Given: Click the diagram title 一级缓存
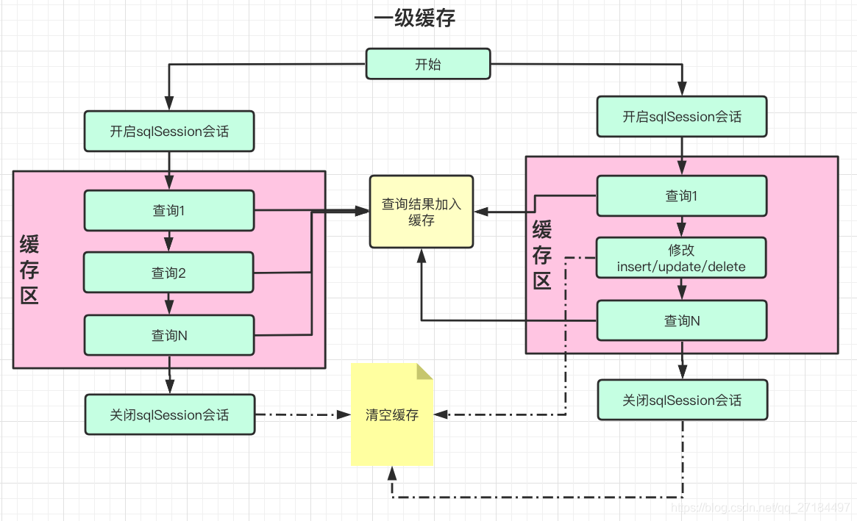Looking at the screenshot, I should tap(414, 18).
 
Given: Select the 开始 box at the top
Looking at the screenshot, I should tap(428, 64).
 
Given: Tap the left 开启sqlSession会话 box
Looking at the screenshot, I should tap(169, 132).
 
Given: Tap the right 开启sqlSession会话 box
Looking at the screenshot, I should tap(682, 116).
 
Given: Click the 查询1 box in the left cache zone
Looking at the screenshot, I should tap(169, 210).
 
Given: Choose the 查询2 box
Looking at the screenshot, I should tap(169, 273).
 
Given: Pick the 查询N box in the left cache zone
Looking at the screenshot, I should tap(169, 335).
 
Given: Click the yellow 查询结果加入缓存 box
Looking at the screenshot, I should tap(422, 212).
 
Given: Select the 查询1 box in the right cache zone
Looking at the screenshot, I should tap(682, 195).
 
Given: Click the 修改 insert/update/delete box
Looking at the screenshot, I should tap(682, 258).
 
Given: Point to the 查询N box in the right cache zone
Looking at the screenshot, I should tap(682, 320).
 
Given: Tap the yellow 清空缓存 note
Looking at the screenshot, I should tap(392, 415).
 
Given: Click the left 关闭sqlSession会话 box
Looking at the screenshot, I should tap(169, 414).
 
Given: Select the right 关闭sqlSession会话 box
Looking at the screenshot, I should tap(682, 400).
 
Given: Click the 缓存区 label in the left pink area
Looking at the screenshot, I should tap(29, 270).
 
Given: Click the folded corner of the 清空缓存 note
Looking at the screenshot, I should tap(425, 370).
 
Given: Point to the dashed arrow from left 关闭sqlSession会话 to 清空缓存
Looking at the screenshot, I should tap(302, 415).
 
